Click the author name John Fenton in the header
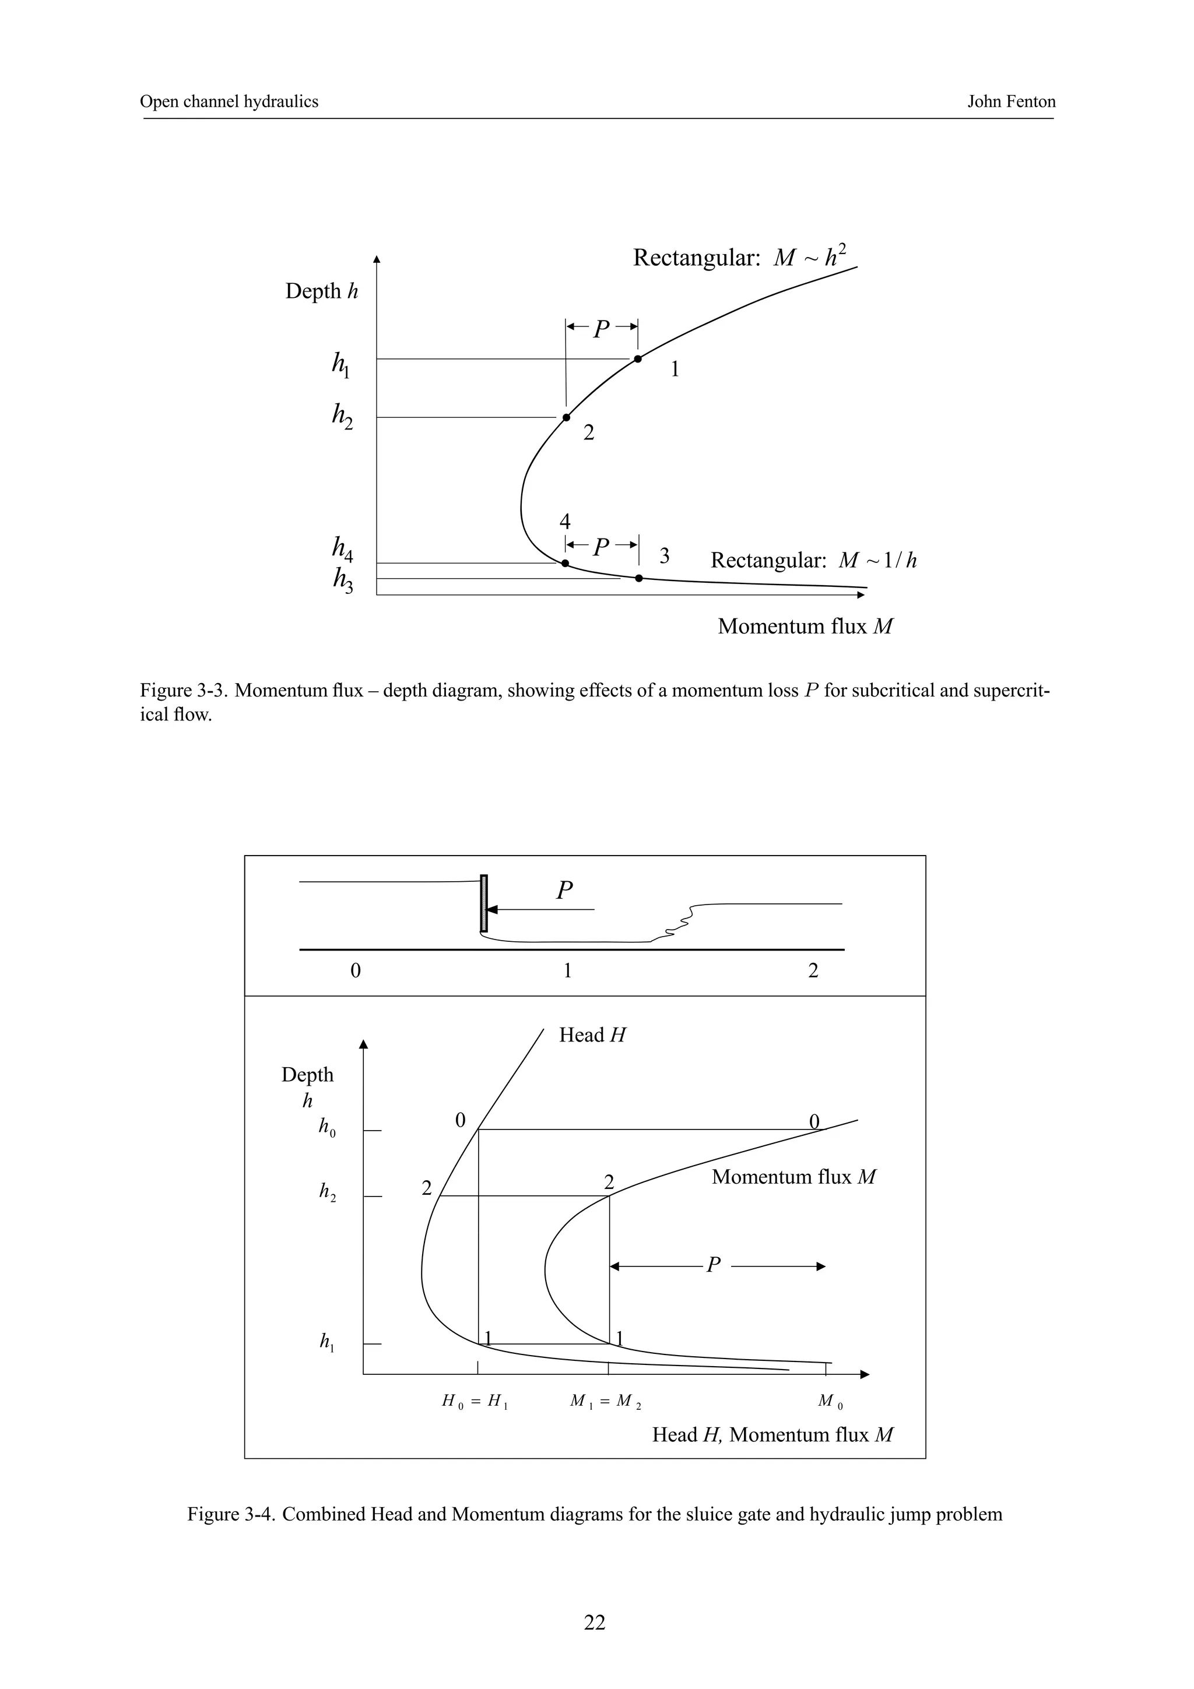click(1011, 101)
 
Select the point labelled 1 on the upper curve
click(638, 359)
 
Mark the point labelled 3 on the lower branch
click(638, 578)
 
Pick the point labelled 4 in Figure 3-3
click(565, 564)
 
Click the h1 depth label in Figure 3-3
click(340, 364)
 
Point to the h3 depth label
click(342, 581)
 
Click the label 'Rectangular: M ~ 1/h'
click(813, 561)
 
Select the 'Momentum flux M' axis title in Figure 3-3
click(805, 627)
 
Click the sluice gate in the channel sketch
click(483, 903)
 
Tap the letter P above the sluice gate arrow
click(564, 891)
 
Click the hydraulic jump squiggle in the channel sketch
click(680, 923)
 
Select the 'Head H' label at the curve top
click(592, 1036)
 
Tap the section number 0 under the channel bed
click(355, 971)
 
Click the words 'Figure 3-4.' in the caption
click(231, 1515)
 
